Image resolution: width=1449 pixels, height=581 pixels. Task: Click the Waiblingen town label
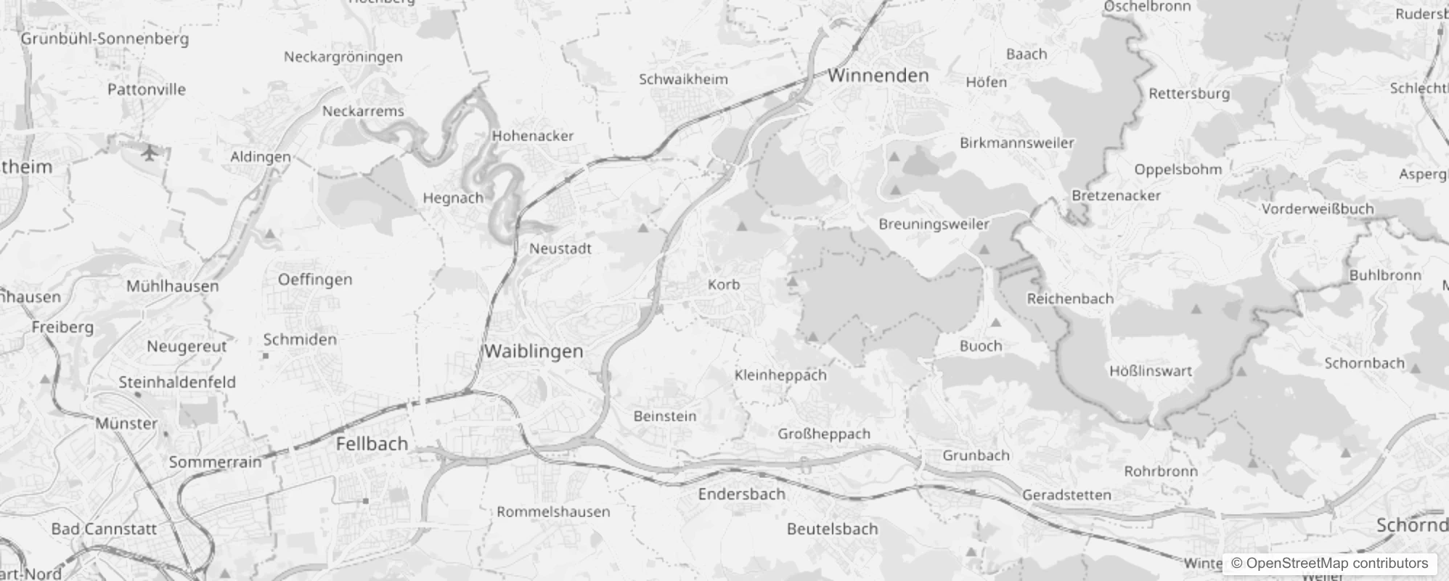[534, 352]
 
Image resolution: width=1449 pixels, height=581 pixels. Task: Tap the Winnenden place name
[878, 76]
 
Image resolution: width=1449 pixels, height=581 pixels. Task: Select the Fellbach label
[372, 444]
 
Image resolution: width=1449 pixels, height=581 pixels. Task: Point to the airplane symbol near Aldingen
[150, 153]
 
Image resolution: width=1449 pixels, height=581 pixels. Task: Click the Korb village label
[724, 285]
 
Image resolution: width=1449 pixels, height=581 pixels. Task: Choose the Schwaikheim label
[683, 79]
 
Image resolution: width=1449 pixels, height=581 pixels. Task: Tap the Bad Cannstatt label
[104, 529]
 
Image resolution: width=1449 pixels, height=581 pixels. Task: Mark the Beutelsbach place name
[832, 529]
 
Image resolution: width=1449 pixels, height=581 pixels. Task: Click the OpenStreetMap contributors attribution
[1329, 564]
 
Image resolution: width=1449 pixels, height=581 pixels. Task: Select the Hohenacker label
[533, 136]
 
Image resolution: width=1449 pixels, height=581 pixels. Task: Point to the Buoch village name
[980, 346]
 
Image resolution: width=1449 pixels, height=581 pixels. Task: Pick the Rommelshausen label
[553, 511]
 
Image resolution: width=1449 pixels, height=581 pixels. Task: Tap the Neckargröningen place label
[343, 57]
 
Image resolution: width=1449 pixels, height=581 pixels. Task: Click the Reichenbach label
[1069, 298]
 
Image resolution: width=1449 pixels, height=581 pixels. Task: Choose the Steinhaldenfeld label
[177, 382]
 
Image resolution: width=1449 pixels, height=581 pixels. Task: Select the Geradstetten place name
[1066, 495]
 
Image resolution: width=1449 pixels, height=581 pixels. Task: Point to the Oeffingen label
[315, 280]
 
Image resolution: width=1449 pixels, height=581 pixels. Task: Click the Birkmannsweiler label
[1016, 143]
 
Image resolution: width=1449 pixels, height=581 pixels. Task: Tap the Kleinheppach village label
[780, 375]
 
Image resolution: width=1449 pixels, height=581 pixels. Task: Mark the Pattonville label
[147, 90]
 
